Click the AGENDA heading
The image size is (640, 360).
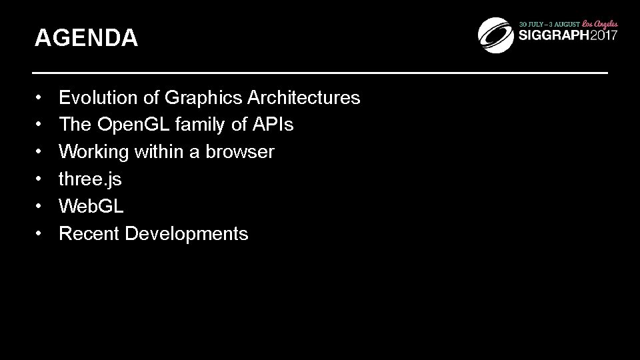86,38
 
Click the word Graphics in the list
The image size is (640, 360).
203,98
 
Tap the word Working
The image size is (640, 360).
93,152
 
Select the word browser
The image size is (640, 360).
239,152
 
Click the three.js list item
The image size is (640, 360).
90,179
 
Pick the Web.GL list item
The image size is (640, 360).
91,207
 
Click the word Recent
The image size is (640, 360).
89,234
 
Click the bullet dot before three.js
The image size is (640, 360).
40,179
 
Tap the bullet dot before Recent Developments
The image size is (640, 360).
40,234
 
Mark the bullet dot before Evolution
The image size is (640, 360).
40,98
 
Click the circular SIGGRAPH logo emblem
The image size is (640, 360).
496,33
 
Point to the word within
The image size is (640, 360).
157,152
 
